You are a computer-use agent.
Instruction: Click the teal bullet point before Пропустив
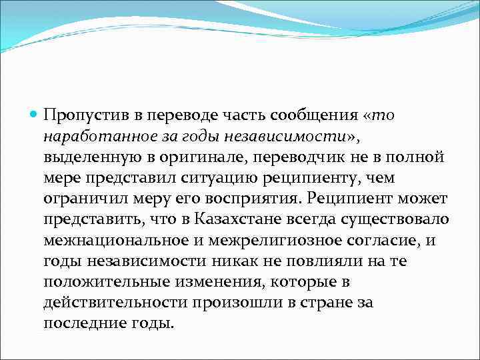pyautogui.click(x=34, y=115)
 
